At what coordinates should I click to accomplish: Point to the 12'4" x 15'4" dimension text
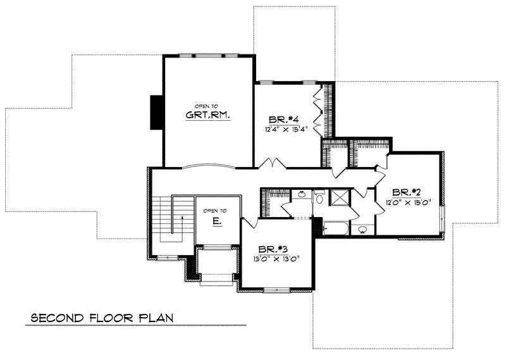[x=286, y=130]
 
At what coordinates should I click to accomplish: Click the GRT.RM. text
[x=207, y=115]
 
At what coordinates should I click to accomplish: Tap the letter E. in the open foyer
[x=216, y=221]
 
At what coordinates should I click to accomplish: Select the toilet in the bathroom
[x=319, y=199]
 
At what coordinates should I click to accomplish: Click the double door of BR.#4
[x=273, y=163]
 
